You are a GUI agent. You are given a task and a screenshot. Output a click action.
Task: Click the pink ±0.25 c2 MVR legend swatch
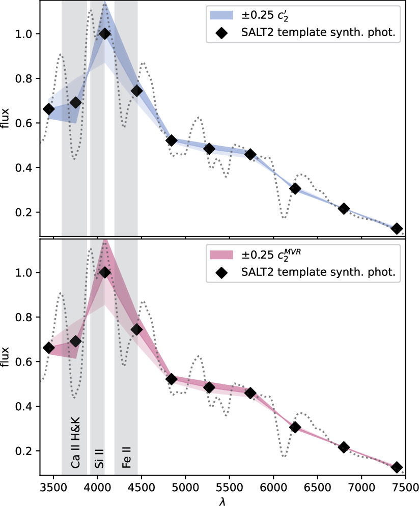coord(219,254)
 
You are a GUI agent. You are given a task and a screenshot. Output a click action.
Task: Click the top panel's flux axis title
coord(7,118)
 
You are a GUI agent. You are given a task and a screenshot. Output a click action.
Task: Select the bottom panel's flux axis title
coord(7,356)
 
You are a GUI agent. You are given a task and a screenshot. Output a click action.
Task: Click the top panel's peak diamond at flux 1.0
coord(105,34)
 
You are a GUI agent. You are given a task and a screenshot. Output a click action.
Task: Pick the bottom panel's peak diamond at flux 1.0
coord(105,272)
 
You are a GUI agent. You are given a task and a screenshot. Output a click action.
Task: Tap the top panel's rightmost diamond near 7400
coord(397,229)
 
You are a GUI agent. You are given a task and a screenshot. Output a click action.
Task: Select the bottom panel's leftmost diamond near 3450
coord(49,348)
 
